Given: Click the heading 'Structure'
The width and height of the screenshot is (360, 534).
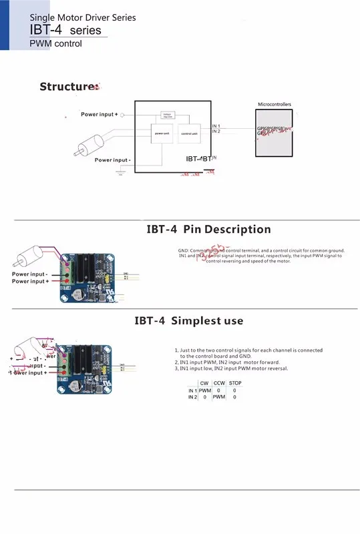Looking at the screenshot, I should pyautogui.click(x=68, y=87).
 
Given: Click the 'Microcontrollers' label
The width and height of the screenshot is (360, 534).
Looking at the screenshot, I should pyautogui.click(x=275, y=105).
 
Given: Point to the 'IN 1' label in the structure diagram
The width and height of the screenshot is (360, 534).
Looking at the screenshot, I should pyautogui.click(x=216, y=125).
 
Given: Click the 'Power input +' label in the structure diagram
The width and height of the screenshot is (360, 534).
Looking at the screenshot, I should pyautogui.click(x=99, y=115).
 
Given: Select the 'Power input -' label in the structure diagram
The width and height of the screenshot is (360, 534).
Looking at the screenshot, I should pyautogui.click(x=112, y=160).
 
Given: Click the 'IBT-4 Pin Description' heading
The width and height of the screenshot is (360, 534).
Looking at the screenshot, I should pyautogui.click(x=208, y=230).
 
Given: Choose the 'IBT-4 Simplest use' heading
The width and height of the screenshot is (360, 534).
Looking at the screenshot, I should pyautogui.click(x=188, y=320).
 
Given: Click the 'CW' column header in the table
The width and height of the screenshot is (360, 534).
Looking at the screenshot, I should pyautogui.click(x=204, y=383).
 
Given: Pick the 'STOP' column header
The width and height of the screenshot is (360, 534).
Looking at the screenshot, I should pyautogui.click(x=235, y=383).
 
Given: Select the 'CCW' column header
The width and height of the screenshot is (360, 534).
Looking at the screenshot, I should pyautogui.click(x=219, y=383).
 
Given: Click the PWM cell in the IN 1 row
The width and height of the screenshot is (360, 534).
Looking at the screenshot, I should pyautogui.click(x=204, y=390).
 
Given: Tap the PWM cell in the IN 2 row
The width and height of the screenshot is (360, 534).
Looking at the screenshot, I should pyautogui.click(x=219, y=397).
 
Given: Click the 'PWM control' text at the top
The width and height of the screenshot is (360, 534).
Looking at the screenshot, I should pyautogui.click(x=55, y=44).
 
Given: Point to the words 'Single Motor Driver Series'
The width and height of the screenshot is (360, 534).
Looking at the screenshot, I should pyautogui.click(x=83, y=18).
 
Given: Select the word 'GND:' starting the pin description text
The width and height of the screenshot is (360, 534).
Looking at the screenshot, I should pyautogui.click(x=176, y=250).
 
